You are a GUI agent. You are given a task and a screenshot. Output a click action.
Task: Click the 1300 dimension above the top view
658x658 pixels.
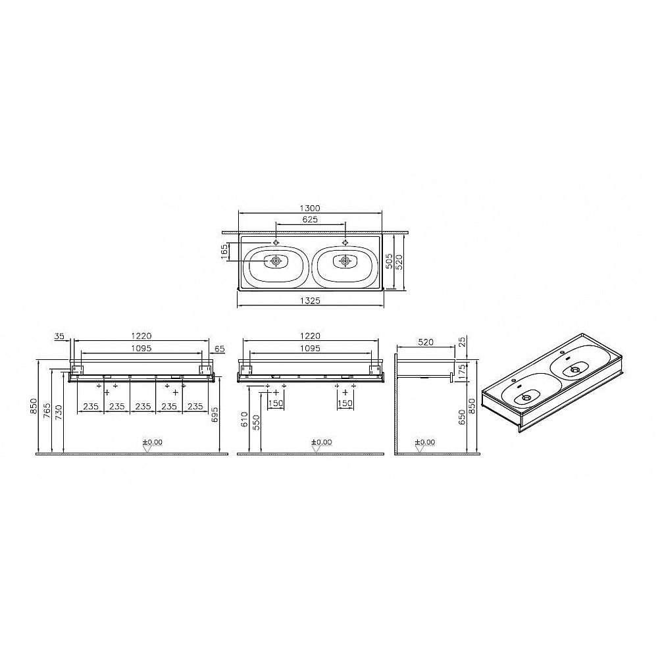click(x=310, y=208)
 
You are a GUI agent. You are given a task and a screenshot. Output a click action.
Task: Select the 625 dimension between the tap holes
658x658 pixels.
click(x=310, y=220)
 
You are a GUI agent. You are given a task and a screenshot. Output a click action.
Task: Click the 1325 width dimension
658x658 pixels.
click(x=310, y=301)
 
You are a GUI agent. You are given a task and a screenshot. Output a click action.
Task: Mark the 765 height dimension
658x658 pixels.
click(x=47, y=411)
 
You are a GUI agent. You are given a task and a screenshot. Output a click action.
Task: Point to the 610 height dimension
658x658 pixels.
click(x=245, y=418)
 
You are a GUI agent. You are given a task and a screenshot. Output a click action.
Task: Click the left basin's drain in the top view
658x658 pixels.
click(x=275, y=261)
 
